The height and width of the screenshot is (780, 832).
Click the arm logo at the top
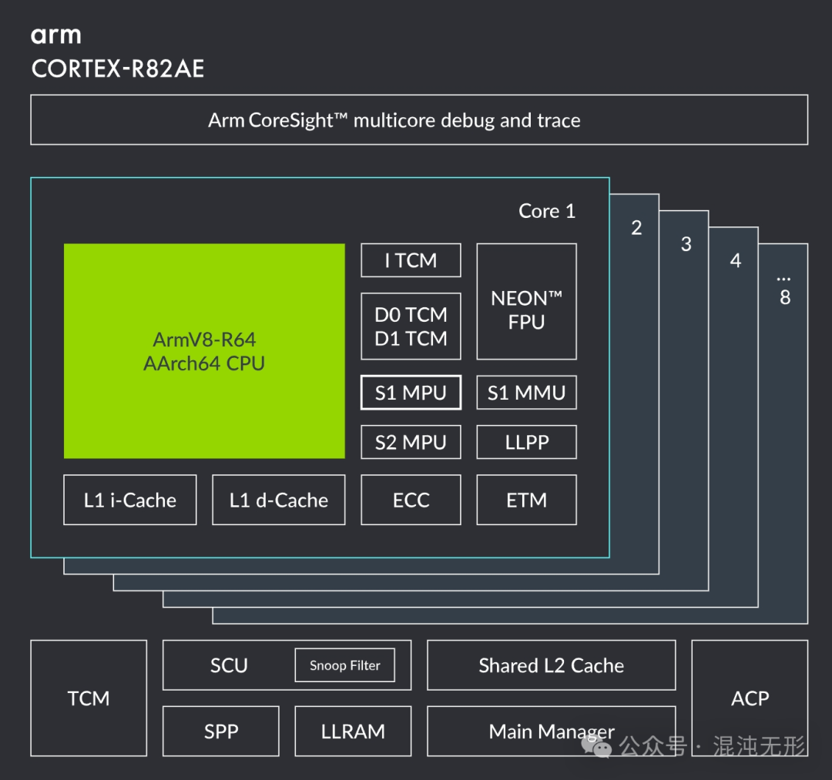click(55, 35)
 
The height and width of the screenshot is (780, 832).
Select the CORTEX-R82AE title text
click(118, 69)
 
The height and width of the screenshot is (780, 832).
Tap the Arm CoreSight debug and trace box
click(419, 120)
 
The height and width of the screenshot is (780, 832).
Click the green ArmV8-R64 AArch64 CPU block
click(204, 351)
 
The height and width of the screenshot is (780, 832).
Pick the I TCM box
click(411, 261)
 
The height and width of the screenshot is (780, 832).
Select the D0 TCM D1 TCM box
click(411, 326)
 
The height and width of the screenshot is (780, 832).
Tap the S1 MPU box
click(411, 393)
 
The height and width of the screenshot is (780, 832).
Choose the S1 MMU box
click(526, 393)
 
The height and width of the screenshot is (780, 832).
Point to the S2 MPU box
click(411, 443)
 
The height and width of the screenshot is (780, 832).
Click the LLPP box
click(526, 443)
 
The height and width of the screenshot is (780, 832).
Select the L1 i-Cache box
click(130, 500)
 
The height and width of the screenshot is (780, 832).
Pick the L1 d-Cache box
click(279, 500)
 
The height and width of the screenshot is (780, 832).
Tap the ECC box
click(411, 500)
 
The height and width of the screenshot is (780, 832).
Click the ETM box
click(526, 500)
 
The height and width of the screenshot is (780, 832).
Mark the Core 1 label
click(547, 212)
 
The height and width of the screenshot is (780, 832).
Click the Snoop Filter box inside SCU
click(344, 665)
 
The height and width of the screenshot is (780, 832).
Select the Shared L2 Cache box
click(552, 665)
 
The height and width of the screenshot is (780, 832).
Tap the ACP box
click(750, 698)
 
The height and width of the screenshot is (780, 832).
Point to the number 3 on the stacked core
click(686, 244)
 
